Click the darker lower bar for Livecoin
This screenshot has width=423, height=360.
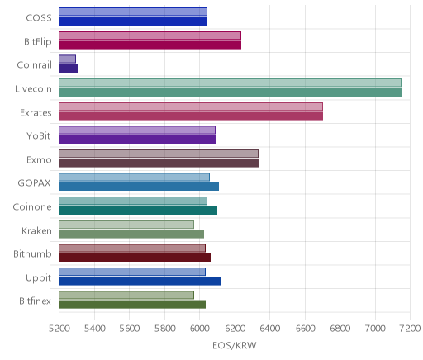pos(230,92)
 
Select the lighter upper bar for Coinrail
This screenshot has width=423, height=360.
pos(67,59)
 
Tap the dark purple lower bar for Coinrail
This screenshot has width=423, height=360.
pos(68,69)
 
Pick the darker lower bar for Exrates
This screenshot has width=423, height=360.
pos(191,116)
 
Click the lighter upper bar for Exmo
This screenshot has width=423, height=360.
pos(159,154)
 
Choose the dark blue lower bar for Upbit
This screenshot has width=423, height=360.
pos(140,282)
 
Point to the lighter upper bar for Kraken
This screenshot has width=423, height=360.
pos(126,225)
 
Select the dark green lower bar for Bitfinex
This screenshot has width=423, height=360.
pos(132,305)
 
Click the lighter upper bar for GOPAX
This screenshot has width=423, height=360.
pos(134,178)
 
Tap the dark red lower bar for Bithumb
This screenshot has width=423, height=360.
pos(135,258)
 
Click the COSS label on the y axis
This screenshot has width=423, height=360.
pos(39,18)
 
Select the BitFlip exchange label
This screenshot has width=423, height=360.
pos(38,41)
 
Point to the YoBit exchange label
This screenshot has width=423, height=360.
pos(39,136)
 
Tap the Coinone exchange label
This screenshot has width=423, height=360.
pos(32,206)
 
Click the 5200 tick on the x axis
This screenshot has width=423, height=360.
pos(59,328)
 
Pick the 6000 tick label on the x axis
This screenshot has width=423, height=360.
pos(200,328)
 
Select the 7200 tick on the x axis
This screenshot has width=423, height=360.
pos(410,328)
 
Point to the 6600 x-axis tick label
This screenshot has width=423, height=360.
pos(305,328)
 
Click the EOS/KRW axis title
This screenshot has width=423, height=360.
pos(235,345)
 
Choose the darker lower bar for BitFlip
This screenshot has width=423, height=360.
pos(150,45)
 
